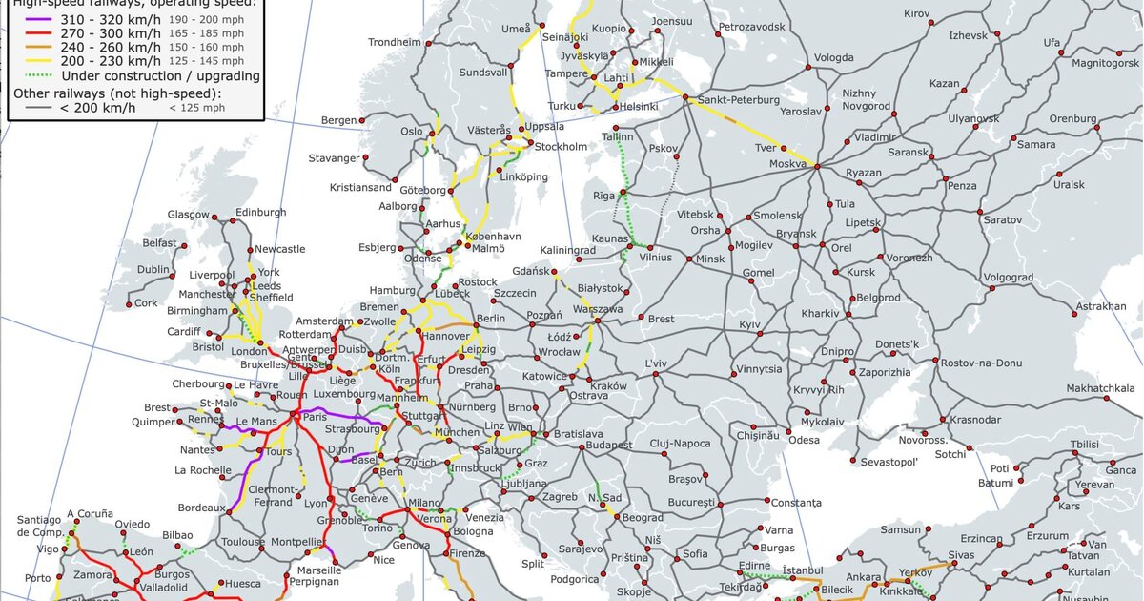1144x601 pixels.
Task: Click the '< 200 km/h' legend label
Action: tap(97, 107)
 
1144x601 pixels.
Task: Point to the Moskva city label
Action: tap(788, 165)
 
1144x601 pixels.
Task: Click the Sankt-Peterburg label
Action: tap(738, 100)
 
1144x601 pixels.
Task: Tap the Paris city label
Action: tap(315, 416)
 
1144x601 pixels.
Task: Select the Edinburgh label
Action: tap(260, 212)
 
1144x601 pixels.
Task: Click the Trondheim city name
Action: tap(395, 43)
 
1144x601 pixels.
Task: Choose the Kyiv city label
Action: tap(749, 325)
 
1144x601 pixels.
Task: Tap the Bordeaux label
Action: tap(200, 508)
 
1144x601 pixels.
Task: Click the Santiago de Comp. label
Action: tap(38, 526)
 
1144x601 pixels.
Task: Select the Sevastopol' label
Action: tap(889, 462)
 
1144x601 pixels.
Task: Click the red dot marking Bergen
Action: tap(362, 120)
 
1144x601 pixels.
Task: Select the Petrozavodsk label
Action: tap(751, 27)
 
